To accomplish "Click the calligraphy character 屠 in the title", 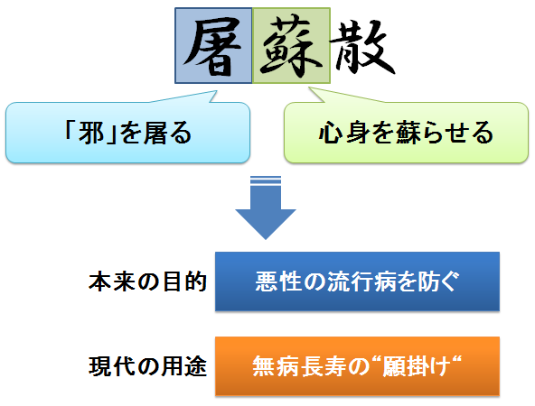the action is pyautogui.click(x=212, y=46).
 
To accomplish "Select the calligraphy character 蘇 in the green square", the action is pyautogui.click(x=291, y=47).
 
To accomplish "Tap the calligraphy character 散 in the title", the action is pyautogui.click(x=362, y=47).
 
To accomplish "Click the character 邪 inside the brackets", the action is pyautogui.click(x=91, y=132).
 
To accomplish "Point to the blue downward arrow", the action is pyautogui.click(x=266, y=208).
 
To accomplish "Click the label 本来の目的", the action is pyautogui.click(x=147, y=281).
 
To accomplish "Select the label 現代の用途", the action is pyautogui.click(x=147, y=367).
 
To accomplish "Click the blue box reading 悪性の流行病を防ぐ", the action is pyautogui.click(x=357, y=281).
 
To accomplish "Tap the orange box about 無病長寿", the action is pyautogui.click(x=357, y=366).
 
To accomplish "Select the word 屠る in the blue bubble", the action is pyautogui.click(x=167, y=132).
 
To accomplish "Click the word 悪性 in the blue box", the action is pyautogui.click(x=278, y=281).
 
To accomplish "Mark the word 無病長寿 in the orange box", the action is pyautogui.click(x=298, y=366).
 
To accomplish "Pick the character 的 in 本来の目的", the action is pyautogui.click(x=196, y=281).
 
